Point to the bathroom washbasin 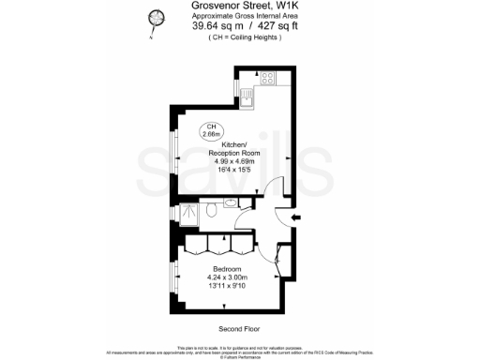click(230, 203)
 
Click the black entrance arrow click(296, 218)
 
